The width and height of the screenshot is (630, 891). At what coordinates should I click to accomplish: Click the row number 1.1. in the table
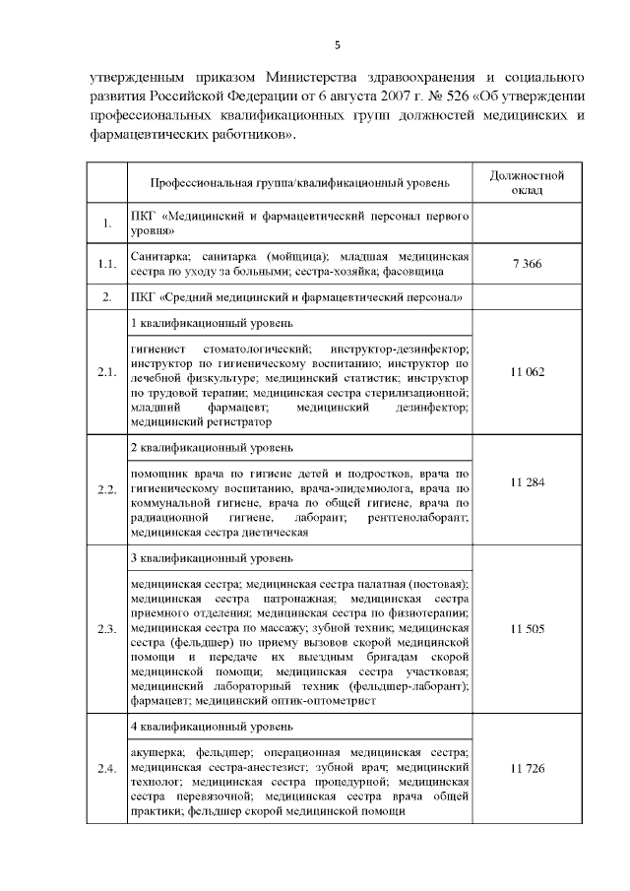[106, 264]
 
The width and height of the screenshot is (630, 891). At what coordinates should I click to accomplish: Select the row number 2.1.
[106, 373]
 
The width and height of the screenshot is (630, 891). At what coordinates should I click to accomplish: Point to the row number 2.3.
[106, 628]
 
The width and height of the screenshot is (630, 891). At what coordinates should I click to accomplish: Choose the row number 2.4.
[106, 769]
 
